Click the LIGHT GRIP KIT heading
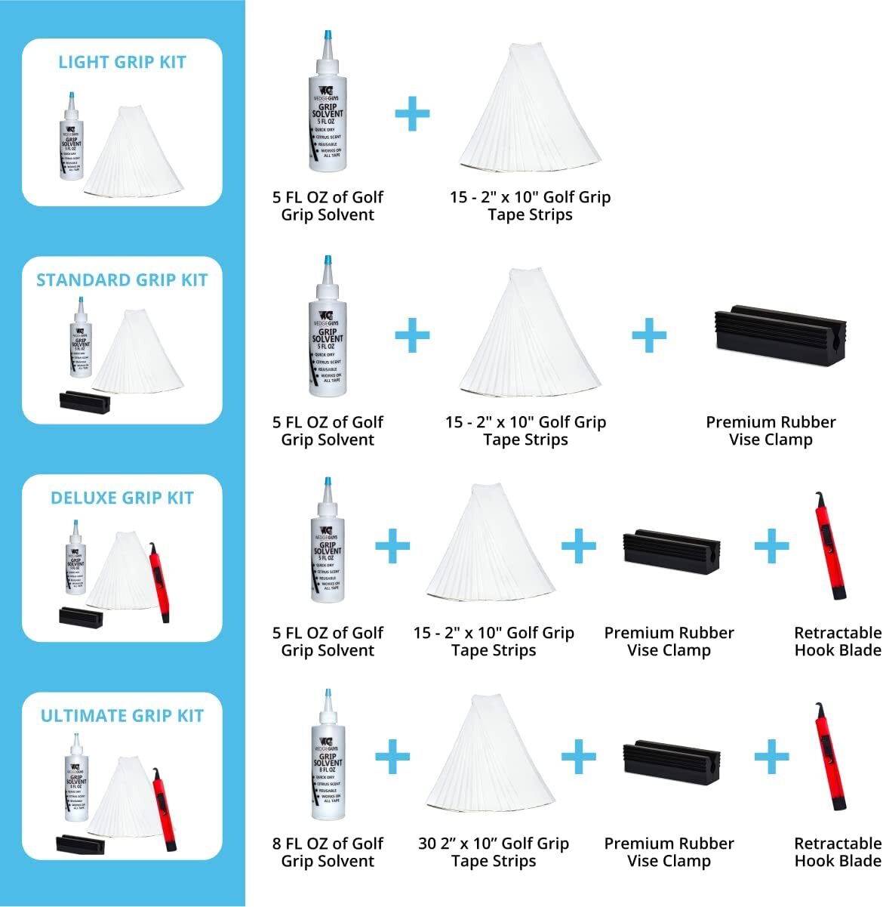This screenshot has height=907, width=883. [x=122, y=62]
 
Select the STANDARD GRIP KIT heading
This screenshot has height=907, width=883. [x=122, y=280]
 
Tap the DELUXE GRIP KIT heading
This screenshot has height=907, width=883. [x=122, y=498]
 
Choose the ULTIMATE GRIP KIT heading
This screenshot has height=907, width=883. [x=122, y=716]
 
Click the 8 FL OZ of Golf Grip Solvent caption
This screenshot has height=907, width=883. [x=328, y=852]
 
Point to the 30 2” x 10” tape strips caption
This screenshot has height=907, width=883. [x=494, y=852]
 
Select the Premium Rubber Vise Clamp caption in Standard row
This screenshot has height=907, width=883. [x=771, y=430]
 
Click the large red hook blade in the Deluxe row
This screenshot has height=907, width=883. [x=829, y=548]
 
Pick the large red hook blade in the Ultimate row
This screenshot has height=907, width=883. [x=829, y=758]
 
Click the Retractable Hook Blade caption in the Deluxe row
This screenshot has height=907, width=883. [x=838, y=641]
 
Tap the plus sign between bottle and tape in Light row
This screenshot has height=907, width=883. [x=412, y=115]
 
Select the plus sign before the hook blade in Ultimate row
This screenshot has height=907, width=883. [x=771, y=756]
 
